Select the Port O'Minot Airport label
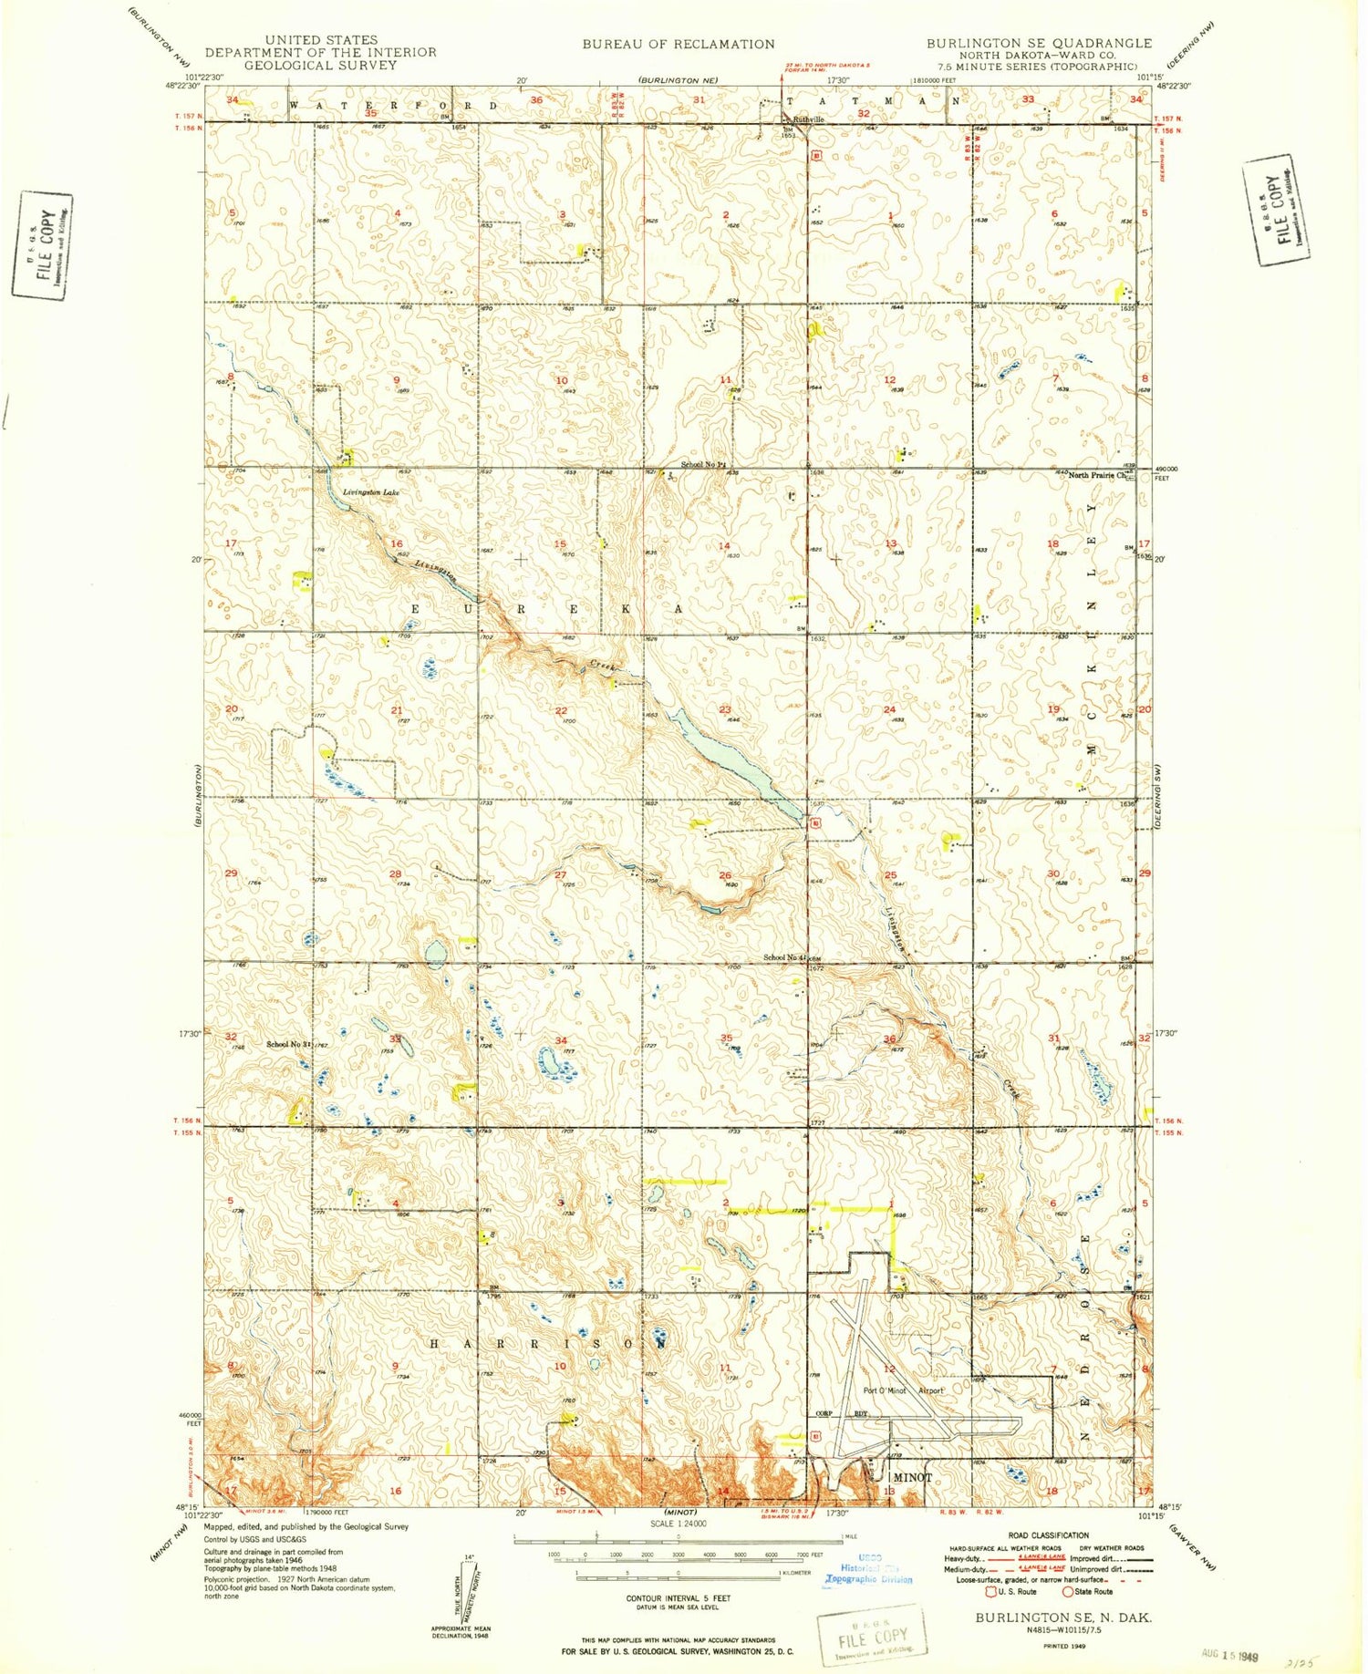pos(903,1390)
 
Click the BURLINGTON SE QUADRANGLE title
pos(1039,43)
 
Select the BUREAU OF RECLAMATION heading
pos(679,44)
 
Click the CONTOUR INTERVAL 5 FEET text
pos(678,1598)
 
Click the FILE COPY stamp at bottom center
pos(872,1638)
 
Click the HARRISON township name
pos(547,1344)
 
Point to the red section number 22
pos(561,711)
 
